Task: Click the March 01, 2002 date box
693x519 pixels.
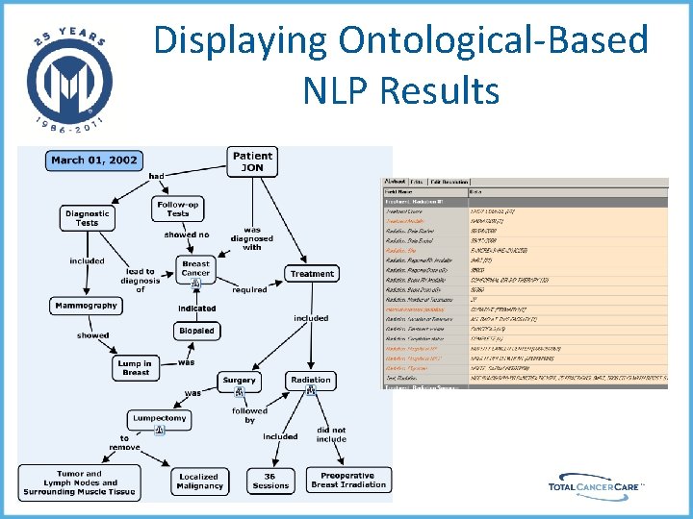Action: click(94, 160)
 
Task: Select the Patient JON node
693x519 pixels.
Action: click(252, 161)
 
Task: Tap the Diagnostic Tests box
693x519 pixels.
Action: click(88, 218)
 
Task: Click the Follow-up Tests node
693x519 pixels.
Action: click(178, 209)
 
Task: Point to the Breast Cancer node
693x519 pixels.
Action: click(195, 268)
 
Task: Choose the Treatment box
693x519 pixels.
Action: click(312, 274)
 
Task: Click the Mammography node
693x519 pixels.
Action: click(87, 306)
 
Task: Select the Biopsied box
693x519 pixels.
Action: click(196, 331)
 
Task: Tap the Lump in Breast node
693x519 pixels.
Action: click(135, 368)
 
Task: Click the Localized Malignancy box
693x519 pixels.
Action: click(198, 481)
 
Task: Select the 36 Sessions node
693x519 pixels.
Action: click(270, 481)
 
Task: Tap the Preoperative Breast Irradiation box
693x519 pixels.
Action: click(347, 481)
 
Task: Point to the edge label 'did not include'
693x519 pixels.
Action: click(331, 434)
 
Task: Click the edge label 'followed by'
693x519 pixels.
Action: click(249, 415)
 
